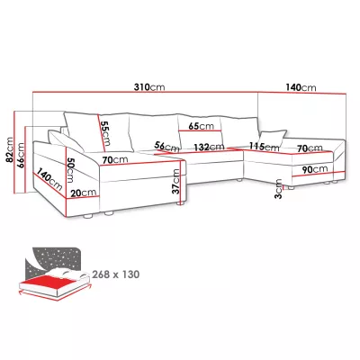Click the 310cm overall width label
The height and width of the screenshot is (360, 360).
point(149,87)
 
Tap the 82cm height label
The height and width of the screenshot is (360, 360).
point(9,150)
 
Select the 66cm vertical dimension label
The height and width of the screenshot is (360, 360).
point(21,156)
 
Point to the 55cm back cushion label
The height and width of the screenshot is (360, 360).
point(105,133)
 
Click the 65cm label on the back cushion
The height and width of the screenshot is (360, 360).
point(201,126)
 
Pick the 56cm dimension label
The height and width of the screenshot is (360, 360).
point(166,147)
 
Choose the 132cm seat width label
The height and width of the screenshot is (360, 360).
point(209,147)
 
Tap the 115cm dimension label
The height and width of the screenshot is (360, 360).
point(265,147)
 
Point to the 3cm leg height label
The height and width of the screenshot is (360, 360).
point(278,189)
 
